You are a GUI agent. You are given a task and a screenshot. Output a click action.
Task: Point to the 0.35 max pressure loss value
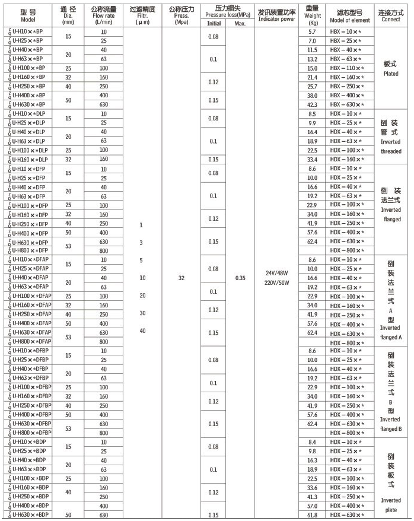click(240, 277)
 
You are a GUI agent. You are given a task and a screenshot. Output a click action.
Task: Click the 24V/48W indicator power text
click(276, 273)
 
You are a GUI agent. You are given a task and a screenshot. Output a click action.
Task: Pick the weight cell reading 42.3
click(313, 104)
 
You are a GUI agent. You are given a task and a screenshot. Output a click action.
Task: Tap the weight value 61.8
click(313, 514)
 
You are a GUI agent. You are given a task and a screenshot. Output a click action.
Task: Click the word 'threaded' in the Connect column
click(390, 151)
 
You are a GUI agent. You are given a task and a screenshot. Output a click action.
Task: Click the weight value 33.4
click(313, 160)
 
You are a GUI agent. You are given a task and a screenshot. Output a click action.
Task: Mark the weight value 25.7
click(313, 87)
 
